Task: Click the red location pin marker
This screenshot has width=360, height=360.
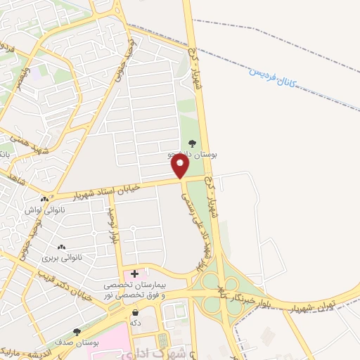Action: coord(181,167)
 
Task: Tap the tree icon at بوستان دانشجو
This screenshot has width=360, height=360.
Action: coord(193,144)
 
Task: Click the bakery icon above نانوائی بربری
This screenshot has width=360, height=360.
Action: coord(61,247)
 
